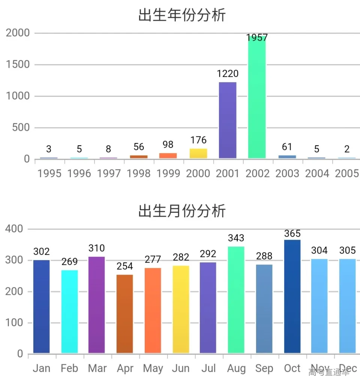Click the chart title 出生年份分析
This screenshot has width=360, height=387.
(182, 16)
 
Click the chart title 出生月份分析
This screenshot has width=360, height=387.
(182, 211)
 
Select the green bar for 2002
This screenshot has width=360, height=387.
(257, 98)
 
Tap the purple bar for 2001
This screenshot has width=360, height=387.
(228, 120)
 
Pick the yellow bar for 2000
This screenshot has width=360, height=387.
(198, 154)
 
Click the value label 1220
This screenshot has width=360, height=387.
(228, 74)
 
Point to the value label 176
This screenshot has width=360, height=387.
(198, 140)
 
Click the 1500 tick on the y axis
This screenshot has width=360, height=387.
(18, 65)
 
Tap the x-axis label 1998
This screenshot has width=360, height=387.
(139, 173)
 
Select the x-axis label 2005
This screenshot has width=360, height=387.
(346, 173)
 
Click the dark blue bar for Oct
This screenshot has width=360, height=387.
(292, 297)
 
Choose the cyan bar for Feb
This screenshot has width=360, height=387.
(70, 312)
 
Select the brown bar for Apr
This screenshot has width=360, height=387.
(125, 314)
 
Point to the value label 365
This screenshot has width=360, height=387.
(292, 234)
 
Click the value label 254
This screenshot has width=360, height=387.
(125, 266)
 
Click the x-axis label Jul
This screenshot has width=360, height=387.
(208, 369)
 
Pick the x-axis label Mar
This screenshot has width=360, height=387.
(97, 369)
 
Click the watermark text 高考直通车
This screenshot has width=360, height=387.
(329, 373)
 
